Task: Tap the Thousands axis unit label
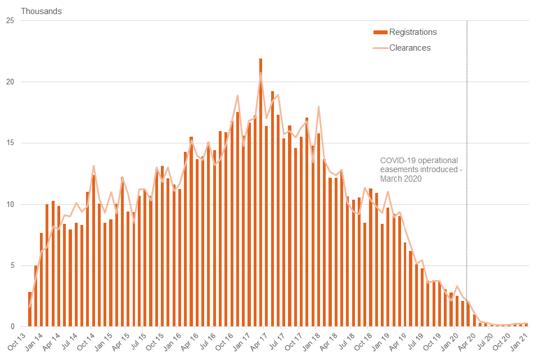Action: [42, 11]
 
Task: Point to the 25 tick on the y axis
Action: [10, 21]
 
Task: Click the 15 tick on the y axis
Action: [10, 143]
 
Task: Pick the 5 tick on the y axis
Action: [12, 265]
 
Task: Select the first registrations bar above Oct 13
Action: [30, 309]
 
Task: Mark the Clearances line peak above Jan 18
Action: [319, 107]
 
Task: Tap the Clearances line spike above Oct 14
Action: [93, 166]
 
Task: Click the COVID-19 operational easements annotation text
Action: [421, 169]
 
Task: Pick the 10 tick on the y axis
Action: [10, 204]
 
